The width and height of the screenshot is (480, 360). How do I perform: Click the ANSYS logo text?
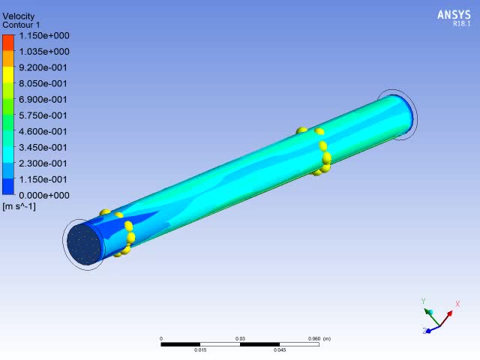(453, 14)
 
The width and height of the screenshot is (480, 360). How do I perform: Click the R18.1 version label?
(460, 24)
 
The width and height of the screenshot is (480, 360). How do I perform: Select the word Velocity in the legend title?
(19, 16)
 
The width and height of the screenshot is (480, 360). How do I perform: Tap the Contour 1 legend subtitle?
(22, 25)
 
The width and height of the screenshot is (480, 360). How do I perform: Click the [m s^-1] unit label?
(19, 205)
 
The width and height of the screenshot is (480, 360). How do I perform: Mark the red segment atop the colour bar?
(8, 40)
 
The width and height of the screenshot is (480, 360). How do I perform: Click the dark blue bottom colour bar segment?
(8, 187)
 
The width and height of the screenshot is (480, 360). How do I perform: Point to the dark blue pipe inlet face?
(84, 244)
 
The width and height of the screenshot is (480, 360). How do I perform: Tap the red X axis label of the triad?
(457, 304)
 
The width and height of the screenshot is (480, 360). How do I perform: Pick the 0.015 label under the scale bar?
(200, 350)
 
